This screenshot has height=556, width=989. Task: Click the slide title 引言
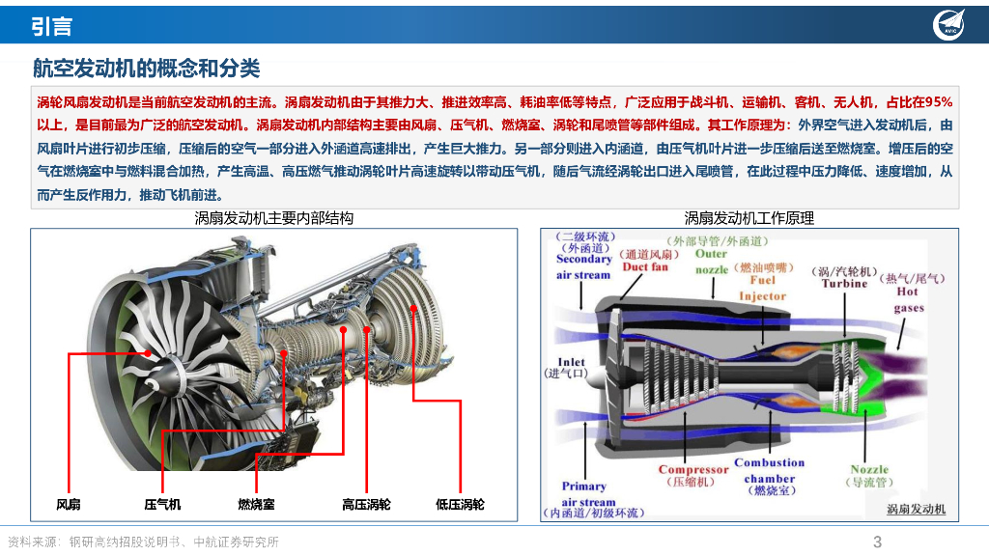(51, 26)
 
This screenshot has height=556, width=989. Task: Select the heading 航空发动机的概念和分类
(146, 69)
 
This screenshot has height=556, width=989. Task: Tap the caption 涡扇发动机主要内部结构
(274, 218)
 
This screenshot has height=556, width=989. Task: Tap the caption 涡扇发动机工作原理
(749, 218)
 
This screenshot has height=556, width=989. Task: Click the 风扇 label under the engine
(69, 504)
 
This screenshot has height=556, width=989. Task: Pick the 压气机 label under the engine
(162, 504)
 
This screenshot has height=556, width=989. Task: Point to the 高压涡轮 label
(367, 504)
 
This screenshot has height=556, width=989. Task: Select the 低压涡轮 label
(461, 504)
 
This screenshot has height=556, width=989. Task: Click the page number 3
(877, 542)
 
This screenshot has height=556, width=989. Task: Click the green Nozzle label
(869, 470)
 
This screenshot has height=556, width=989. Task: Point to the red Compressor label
(692, 470)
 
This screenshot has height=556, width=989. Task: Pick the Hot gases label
(908, 299)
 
